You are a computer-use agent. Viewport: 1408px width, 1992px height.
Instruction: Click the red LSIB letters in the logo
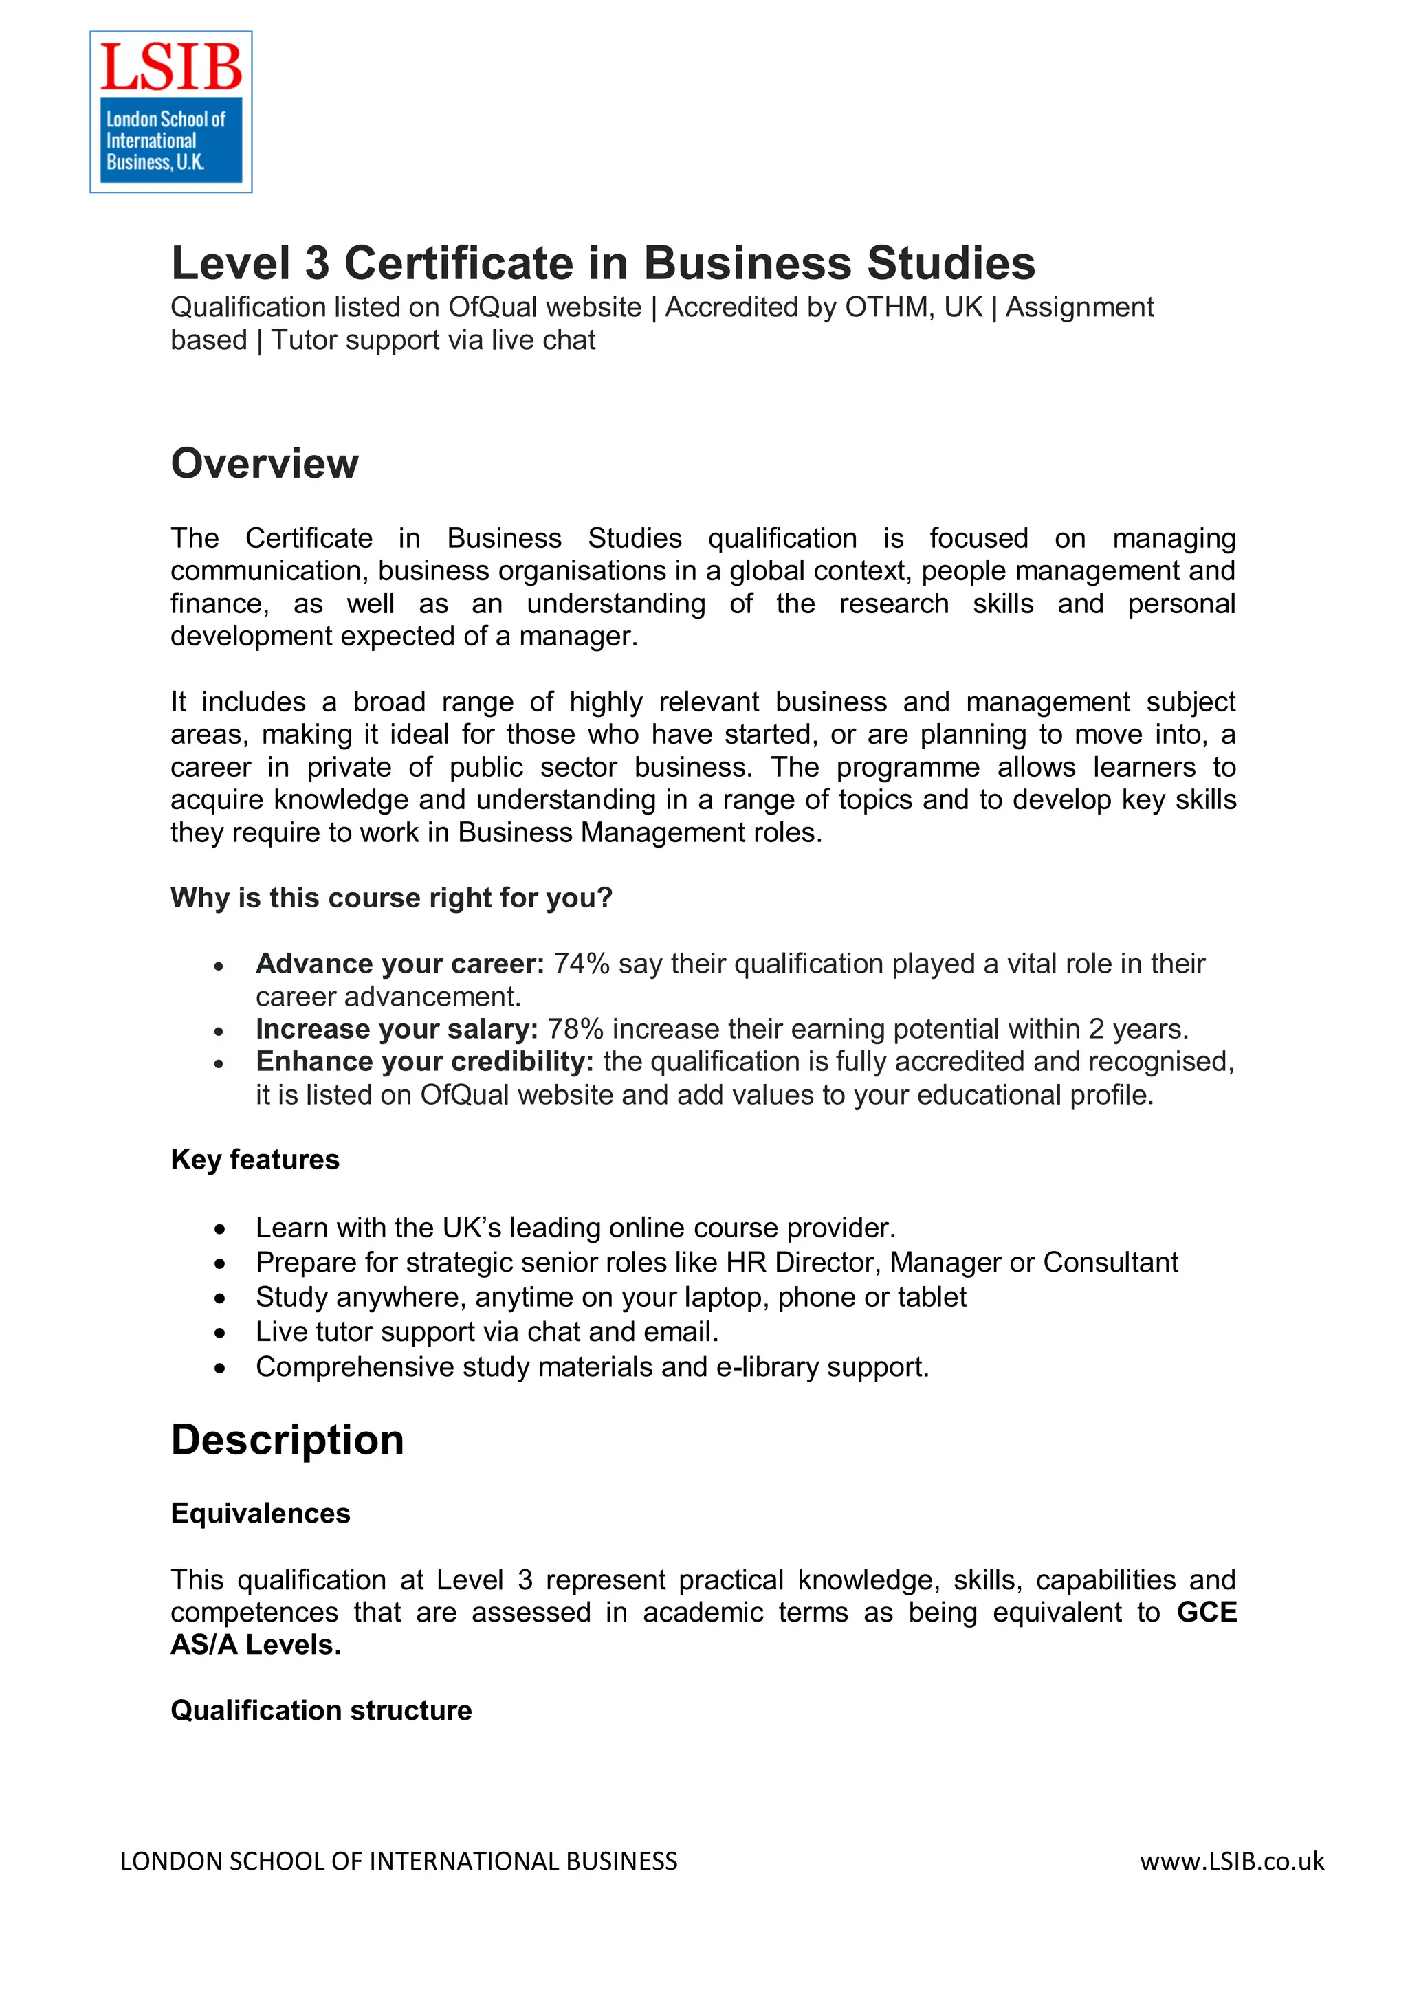tap(171, 67)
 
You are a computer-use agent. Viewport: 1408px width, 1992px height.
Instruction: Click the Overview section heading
tap(265, 463)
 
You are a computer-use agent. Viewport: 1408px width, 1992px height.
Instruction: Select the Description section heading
tap(287, 1439)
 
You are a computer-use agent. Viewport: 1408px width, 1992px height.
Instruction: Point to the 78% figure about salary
tap(575, 1029)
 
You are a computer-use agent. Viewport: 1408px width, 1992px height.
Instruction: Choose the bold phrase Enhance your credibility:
tap(424, 1061)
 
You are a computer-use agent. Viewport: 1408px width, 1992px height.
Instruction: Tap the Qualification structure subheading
tap(321, 1710)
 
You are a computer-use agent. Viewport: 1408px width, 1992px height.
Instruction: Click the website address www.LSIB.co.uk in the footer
tap(1231, 1861)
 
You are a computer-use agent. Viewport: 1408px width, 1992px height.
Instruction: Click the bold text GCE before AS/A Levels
tap(1206, 1612)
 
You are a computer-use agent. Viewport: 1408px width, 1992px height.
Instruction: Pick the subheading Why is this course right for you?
tap(391, 897)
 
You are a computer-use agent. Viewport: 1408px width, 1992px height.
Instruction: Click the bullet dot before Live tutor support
tap(221, 1333)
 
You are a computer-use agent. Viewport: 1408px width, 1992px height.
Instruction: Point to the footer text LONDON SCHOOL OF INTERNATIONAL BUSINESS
tap(398, 1861)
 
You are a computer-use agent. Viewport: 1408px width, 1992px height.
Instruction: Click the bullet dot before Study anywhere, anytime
tap(221, 1298)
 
